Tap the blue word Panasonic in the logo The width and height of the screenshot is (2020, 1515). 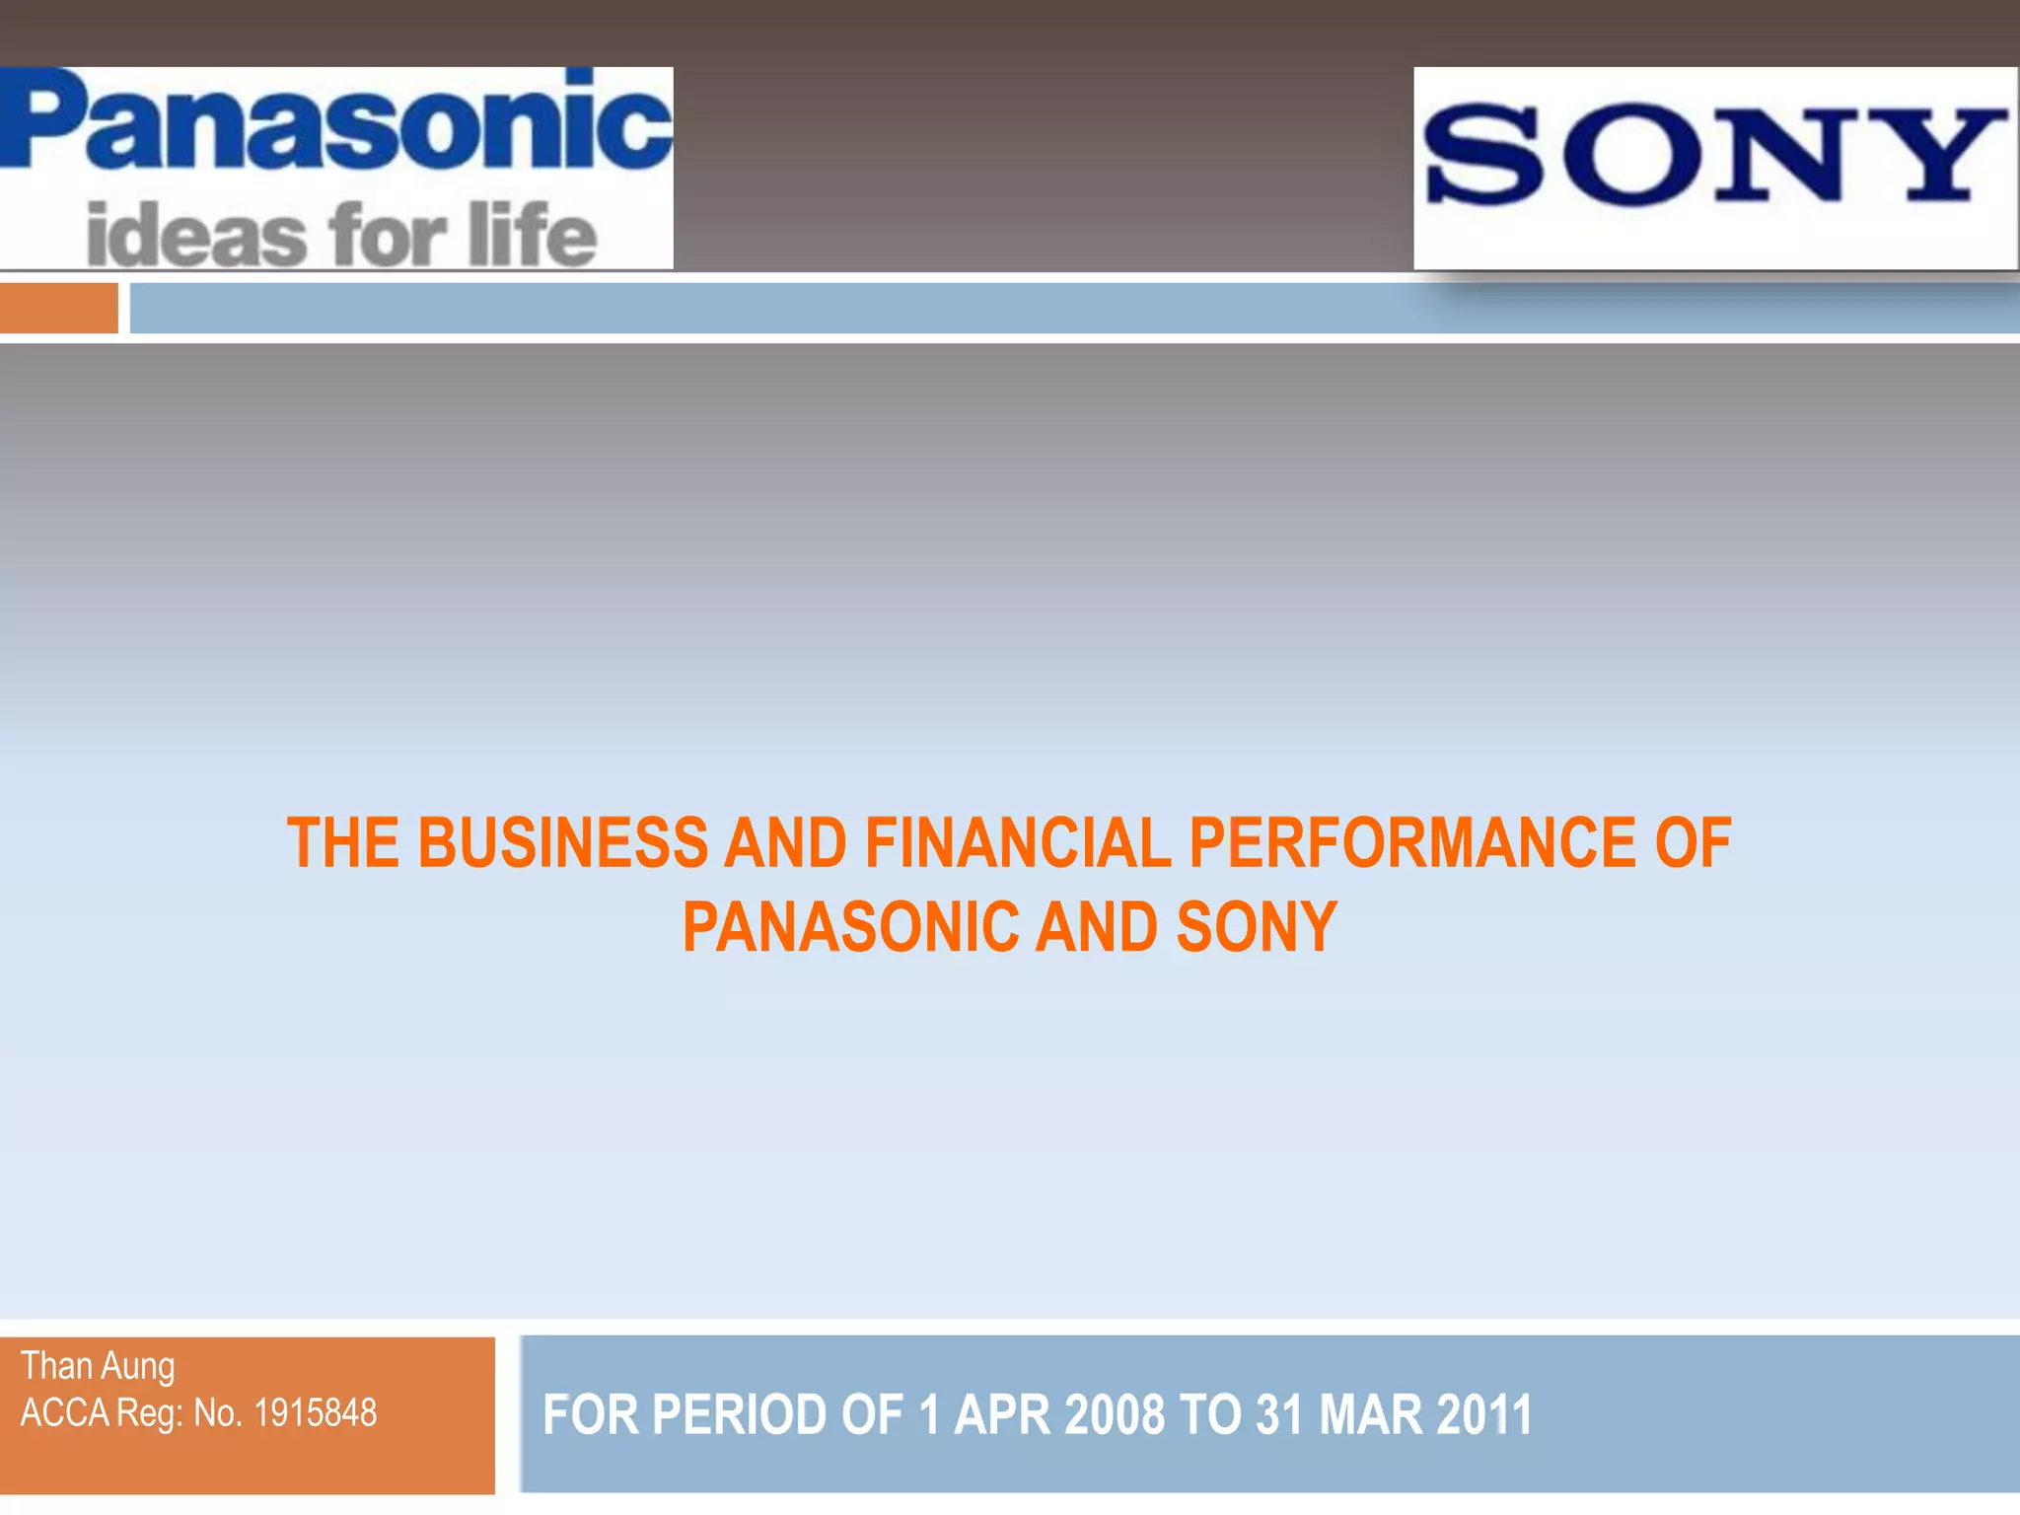click(335, 123)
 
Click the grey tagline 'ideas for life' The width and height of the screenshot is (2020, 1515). click(341, 235)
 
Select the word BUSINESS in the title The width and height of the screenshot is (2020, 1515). click(562, 843)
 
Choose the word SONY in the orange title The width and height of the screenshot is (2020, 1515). click(1256, 928)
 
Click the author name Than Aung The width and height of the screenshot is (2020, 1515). click(98, 1367)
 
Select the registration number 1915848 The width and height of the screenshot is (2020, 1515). click(316, 1413)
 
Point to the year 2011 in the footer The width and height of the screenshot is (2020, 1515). click(1484, 1414)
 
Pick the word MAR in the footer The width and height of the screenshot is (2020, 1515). click(1370, 1414)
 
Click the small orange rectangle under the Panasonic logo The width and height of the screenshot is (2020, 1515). click(58, 308)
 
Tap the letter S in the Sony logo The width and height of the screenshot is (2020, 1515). click(1484, 156)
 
